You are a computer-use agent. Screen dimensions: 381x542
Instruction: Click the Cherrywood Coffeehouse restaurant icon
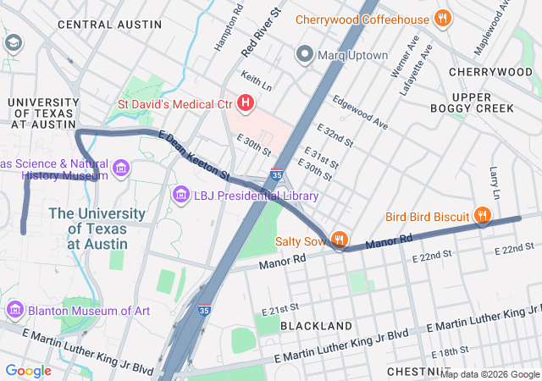click(x=441, y=18)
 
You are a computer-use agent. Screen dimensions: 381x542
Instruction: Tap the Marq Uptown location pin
click(x=305, y=55)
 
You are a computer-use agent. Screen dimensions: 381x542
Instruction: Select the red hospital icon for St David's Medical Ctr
click(x=246, y=104)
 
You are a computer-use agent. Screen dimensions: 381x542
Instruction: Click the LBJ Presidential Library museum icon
click(x=180, y=196)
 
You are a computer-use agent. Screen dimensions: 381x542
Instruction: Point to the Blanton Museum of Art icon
click(x=14, y=310)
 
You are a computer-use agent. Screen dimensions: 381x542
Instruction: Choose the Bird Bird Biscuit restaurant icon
click(x=482, y=216)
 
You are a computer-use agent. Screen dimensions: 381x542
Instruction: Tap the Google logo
click(x=28, y=370)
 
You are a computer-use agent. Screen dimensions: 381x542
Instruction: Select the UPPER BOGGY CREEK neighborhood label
click(x=483, y=102)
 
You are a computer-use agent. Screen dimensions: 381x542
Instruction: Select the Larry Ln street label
click(x=495, y=178)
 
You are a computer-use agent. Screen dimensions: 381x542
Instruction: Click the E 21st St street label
click(x=281, y=311)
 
